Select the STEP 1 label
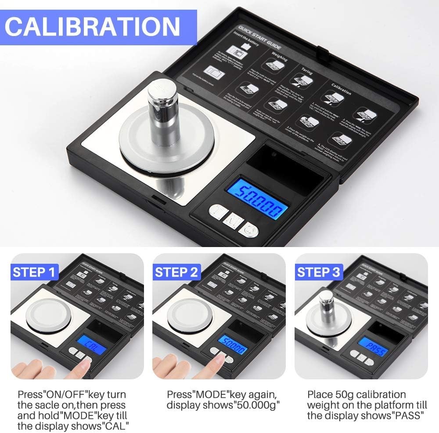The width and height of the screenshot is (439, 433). [35, 272]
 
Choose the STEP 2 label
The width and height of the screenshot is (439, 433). [176, 272]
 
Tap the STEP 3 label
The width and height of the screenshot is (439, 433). [318, 272]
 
